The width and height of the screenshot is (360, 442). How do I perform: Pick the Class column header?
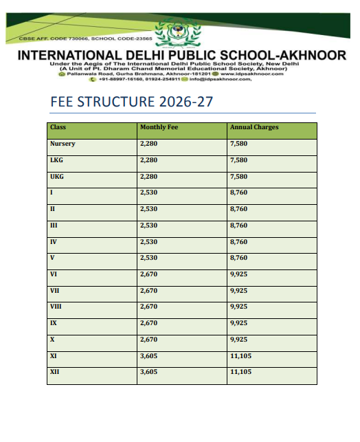pyautogui.click(x=58, y=128)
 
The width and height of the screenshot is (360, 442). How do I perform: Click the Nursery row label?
pyautogui.click(x=63, y=144)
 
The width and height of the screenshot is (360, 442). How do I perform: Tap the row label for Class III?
pyautogui.click(x=54, y=225)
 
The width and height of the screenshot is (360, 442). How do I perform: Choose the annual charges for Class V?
pyautogui.click(x=238, y=258)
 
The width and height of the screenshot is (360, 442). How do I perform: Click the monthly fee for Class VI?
pyautogui.click(x=149, y=274)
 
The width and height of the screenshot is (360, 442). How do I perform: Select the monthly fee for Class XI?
pyautogui.click(x=149, y=355)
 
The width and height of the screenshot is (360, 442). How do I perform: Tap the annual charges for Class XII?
pyautogui.click(x=240, y=372)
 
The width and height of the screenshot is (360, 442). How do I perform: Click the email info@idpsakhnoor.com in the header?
pyautogui.click(x=221, y=80)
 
